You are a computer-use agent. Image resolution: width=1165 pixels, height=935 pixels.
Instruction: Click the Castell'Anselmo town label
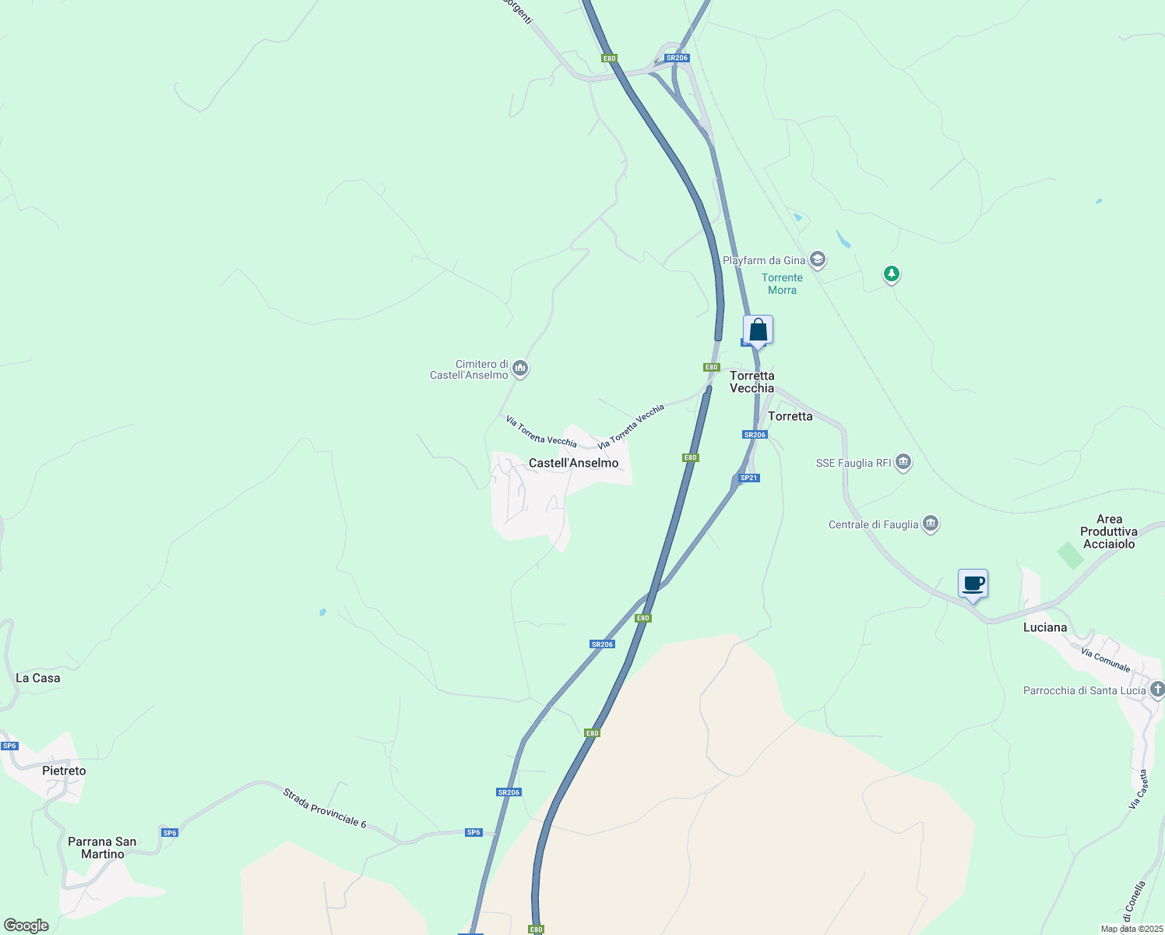click(x=573, y=463)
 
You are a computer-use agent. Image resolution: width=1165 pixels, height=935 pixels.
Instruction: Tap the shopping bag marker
click(x=758, y=330)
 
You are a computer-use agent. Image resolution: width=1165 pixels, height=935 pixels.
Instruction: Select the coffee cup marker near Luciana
click(x=973, y=584)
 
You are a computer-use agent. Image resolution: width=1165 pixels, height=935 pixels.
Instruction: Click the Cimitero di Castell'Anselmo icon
click(x=520, y=368)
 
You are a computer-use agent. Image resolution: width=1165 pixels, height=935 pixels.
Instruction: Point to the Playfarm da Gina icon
click(x=817, y=259)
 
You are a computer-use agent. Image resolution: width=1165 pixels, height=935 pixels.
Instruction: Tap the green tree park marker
click(x=892, y=273)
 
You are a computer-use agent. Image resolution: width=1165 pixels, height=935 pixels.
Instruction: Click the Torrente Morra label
click(x=782, y=284)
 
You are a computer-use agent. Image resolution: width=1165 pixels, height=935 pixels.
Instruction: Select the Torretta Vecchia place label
click(x=751, y=382)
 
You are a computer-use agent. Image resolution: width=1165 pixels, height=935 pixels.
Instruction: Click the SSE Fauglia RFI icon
click(x=903, y=462)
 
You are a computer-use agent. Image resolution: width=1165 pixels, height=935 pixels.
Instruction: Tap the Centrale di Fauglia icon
click(x=931, y=524)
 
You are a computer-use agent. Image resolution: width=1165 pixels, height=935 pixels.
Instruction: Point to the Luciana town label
click(x=1045, y=627)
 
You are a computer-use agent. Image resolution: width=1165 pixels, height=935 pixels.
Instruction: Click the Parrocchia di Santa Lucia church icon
click(x=1157, y=689)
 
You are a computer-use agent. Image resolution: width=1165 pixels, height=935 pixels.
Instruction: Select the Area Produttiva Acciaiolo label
click(x=1109, y=531)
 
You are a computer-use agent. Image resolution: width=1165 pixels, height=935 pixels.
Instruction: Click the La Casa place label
click(x=38, y=678)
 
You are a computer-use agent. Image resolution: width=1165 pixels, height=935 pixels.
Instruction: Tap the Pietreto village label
click(x=64, y=771)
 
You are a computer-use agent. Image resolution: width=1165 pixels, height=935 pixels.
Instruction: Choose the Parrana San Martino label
click(x=102, y=848)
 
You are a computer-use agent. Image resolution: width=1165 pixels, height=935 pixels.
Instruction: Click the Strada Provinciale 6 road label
click(x=324, y=808)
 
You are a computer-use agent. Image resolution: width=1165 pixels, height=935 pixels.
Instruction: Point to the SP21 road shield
click(x=748, y=478)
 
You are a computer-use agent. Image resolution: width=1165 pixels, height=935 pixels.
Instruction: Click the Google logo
click(x=26, y=926)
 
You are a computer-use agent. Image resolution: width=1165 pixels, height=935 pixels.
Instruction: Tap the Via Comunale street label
click(x=1105, y=659)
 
